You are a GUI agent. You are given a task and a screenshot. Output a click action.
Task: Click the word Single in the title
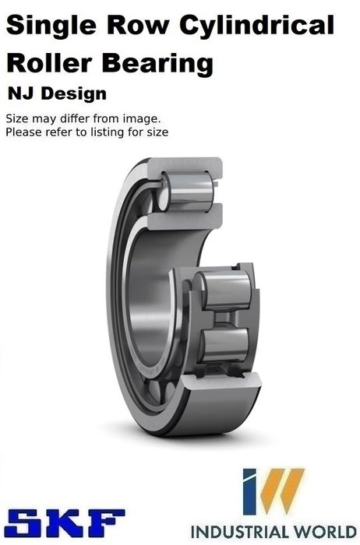pos(51,26)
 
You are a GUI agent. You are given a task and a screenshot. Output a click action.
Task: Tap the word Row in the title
pos(138,26)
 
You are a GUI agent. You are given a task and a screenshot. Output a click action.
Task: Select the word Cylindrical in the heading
pos(256,26)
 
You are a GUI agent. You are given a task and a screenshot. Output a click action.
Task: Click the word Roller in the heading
pos(49,63)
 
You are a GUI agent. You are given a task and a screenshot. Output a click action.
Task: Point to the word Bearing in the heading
pos(157,65)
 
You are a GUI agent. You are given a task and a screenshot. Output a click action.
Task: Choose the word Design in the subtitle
pos(74,94)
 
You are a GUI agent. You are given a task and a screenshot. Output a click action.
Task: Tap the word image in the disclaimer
pos(143,119)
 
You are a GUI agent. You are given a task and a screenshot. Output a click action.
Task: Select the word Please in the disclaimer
pos(21,132)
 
